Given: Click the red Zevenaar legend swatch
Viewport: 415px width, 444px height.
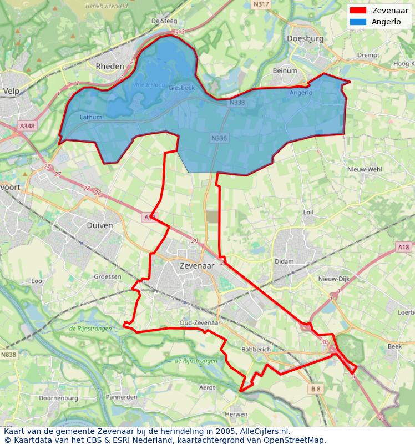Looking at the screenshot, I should [x=358, y=11].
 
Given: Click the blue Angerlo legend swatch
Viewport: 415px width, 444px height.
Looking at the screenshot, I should [x=358, y=22].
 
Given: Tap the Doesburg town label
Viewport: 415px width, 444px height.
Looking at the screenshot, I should [x=305, y=38].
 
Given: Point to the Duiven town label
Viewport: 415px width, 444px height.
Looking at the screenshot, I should [x=100, y=225].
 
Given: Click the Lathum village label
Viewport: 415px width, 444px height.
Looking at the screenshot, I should [x=91, y=117].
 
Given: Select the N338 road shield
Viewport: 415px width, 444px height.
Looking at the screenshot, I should [x=237, y=103].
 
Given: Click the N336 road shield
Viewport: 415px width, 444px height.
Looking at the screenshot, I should [x=219, y=138].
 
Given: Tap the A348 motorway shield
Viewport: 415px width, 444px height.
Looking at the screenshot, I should [x=27, y=126].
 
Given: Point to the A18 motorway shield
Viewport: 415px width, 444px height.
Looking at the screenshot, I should [x=403, y=246].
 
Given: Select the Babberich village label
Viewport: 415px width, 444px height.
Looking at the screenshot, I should [x=255, y=350].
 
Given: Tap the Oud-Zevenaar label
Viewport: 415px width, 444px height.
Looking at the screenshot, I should [x=200, y=322].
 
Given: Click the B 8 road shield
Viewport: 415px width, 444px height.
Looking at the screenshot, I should [x=316, y=389].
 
